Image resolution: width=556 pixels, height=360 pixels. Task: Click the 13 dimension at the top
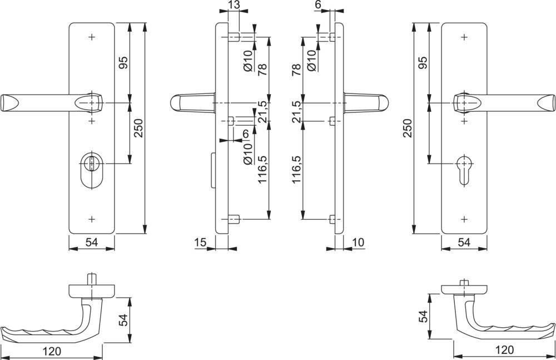tap(234, 5)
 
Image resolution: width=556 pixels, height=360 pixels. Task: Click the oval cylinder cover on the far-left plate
tap(91, 169)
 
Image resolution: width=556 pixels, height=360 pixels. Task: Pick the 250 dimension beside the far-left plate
tap(138, 127)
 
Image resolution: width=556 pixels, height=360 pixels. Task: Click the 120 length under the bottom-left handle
tap(51, 351)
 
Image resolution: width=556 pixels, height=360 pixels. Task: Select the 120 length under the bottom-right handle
tap(504, 350)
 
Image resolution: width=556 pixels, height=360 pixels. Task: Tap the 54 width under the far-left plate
tap(91, 241)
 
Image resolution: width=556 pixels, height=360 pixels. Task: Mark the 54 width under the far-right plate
tap(464, 241)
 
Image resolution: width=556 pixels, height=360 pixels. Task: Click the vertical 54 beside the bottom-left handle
tap(124, 320)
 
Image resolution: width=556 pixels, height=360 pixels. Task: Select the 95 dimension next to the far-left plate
tap(123, 63)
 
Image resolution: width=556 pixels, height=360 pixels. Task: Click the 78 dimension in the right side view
tap(296, 69)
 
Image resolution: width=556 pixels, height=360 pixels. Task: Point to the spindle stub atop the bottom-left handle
tap(91, 278)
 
